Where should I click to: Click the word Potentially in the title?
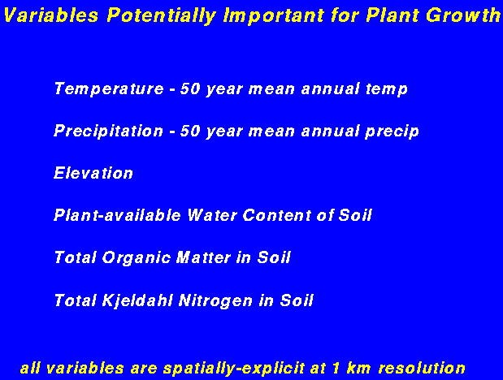162,15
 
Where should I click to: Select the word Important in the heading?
274,15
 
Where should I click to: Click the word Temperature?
109,89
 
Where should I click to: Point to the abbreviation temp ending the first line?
387,89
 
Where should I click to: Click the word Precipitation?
109,132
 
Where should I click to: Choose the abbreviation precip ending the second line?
392,132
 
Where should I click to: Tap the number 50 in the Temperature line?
190,89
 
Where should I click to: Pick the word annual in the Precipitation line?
330,132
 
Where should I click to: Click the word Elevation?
93,173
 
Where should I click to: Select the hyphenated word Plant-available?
117,215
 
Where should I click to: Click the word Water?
212,215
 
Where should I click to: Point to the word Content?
276,215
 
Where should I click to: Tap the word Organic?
137,258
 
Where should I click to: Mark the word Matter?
203,257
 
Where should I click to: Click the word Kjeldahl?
137,300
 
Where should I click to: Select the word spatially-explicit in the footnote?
234,369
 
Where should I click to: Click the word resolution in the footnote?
422,368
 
